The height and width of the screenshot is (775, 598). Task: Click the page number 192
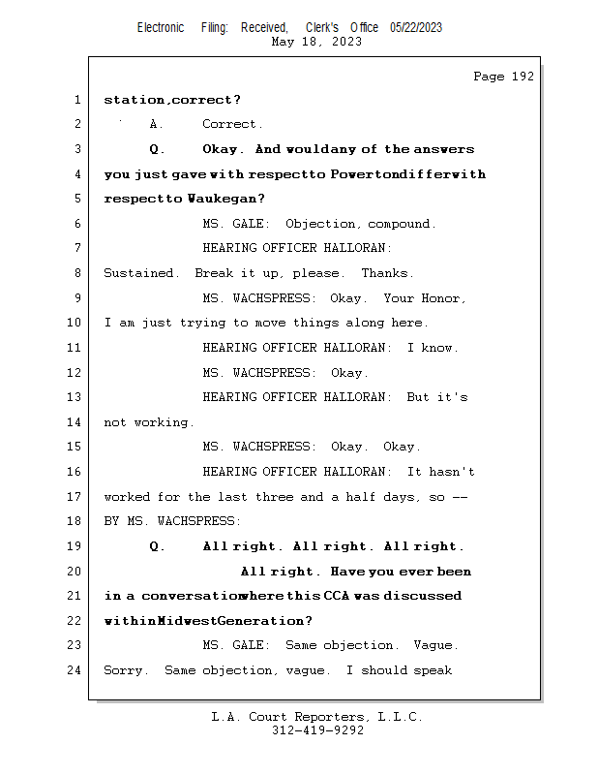[x=523, y=77]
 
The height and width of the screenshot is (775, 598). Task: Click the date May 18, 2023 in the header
[x=317, y=42]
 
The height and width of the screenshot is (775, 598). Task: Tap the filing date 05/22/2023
[x=416, y=28]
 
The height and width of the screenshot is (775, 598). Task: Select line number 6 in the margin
[x=77, y=223]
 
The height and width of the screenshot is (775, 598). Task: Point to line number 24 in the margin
[x=75, y=669]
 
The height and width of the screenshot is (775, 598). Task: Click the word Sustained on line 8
[x=141, y=273]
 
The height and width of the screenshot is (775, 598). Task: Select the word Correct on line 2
[x=232, y=124]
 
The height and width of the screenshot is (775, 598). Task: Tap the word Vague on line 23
[x=435, y=645]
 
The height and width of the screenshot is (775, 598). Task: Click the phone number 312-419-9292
[x=317, y=730]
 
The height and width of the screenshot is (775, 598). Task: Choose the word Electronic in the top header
[x=161, y=28]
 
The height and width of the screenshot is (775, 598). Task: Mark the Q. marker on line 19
[x=157, y=546]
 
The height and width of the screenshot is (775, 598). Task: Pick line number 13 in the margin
[x=75, y=397]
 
